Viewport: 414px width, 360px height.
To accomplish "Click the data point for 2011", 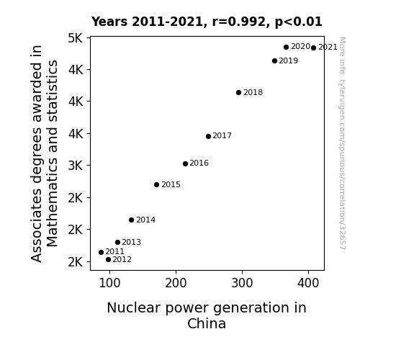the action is tap(101, 252).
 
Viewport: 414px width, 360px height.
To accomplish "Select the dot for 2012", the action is tap(108, 260).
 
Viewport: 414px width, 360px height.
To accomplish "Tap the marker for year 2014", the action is tap(132, 220).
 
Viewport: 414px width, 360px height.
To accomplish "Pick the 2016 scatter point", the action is tap(185, 163).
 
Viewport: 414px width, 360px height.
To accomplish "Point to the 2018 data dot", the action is tap(239, 92).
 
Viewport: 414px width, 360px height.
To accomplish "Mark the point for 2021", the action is tap(313, 48).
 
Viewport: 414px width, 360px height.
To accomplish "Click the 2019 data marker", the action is tap(274, 60).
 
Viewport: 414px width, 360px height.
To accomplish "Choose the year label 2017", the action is tap(222, 136).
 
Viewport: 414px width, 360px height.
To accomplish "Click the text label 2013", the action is tap(132, 242).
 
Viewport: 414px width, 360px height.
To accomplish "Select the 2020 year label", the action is tap(300, 47).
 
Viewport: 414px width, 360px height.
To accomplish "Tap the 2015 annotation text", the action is tap(171, 184).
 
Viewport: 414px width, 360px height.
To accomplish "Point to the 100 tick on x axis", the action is tap(109, 283).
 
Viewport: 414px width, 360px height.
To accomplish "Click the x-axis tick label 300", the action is tap(242, 283).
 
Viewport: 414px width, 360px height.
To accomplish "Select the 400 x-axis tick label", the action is tap(308, 283).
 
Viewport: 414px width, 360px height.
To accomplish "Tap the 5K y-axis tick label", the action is tap(76, 38).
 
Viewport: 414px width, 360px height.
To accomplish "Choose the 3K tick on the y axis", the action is tap(76, 166).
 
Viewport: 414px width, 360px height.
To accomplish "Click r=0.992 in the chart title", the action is tap(239, 22).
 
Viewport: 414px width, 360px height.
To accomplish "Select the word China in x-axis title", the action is tap(207, 323).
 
